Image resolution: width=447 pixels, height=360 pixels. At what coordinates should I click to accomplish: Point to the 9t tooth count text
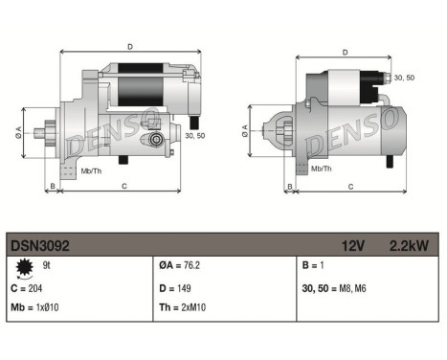(x=47, y=264)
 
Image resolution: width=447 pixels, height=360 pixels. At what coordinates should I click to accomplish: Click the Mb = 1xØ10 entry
(x=35, y=307)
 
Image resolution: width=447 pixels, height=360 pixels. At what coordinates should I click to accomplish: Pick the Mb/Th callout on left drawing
(x=93, y=173)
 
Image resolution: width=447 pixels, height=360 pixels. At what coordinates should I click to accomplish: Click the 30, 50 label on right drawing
(x=403, y=77)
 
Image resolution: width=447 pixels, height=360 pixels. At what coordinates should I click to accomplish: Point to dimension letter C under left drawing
(x=124, y=185)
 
